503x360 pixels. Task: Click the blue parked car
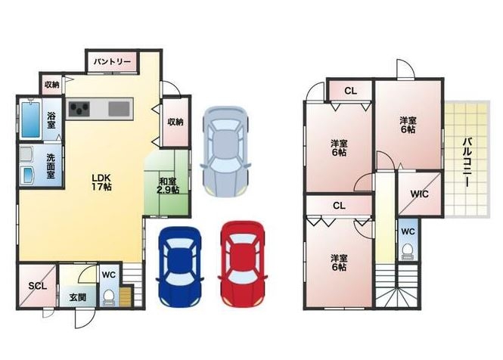click(180, 266)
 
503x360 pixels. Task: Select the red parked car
click(243, 264)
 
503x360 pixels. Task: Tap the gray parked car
click(225, 151)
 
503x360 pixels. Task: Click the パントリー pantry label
click(112, 62)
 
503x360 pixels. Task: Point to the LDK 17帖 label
click(101, 182)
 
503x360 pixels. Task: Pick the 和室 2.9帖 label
click(168, 186)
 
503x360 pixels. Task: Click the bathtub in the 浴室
click(31, 119)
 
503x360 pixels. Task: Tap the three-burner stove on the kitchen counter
click(79, 109)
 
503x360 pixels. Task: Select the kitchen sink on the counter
click(119, 108)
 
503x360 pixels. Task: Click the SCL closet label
click(38, 286)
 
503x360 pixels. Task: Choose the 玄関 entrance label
click(78, 297)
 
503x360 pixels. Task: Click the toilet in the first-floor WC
click(109, 297)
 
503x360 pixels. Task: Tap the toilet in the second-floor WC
click(408, 251)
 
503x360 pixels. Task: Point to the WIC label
click(419, 194)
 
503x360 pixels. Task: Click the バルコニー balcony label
click(467, 162)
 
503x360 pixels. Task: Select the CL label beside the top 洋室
click(351, 91)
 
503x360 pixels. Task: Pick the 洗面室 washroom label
click(51, 166)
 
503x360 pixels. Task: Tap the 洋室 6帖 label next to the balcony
click(408, 125)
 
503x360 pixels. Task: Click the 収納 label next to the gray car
click(175, 122)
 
